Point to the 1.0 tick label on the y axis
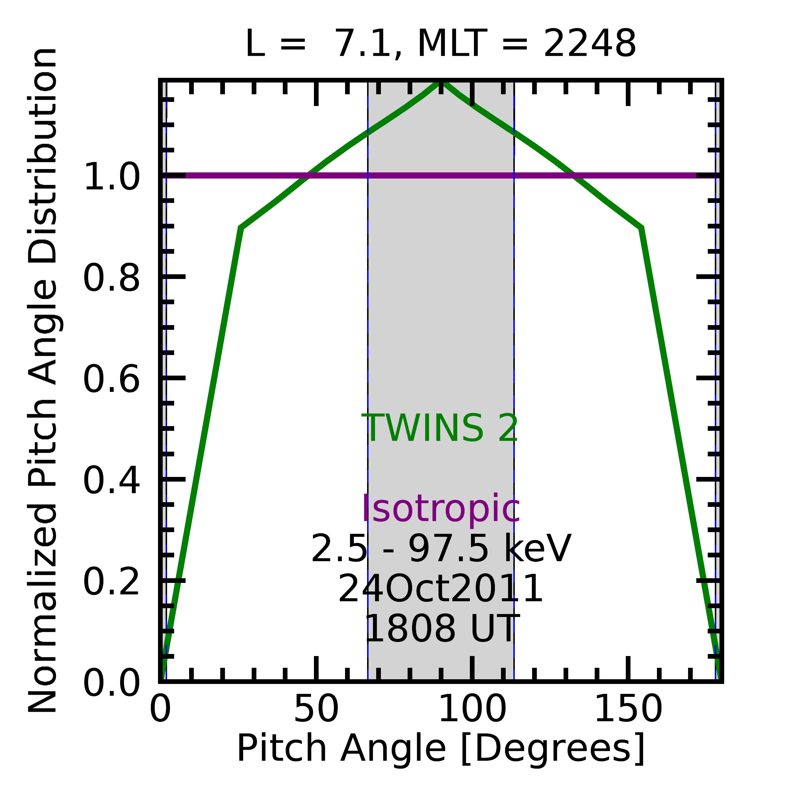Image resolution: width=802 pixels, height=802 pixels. tap(112, 177)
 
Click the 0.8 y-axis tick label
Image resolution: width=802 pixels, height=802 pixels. tap(112, 278)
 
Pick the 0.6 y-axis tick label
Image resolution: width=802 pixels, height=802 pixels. tap(112, 379)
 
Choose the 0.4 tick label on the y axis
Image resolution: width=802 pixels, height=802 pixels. tap(112, 481)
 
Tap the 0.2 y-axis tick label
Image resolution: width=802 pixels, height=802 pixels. tap(112, 582)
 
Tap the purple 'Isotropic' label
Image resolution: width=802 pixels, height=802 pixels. tap(441, 509)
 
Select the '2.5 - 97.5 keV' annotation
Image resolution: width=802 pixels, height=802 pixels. tap(441, 549)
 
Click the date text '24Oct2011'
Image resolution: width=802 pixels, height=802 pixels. tap(440, 589)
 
